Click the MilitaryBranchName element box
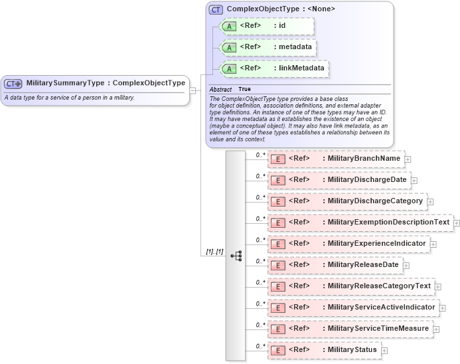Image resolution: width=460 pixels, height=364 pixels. [x=336, y=159]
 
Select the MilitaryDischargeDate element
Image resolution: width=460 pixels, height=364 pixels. [x=339, y=179]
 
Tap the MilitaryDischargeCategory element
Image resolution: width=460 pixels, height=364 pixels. [x=346, y=201]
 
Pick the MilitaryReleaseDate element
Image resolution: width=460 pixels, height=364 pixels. [x=335, y=264]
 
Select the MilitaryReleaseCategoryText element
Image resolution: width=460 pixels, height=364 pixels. [x=350, y=286]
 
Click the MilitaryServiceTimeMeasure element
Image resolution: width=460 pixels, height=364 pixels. [x=350, y=328]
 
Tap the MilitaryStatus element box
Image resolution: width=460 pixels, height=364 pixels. [x=324, y=349]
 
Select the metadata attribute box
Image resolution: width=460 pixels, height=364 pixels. [x=267, y=47]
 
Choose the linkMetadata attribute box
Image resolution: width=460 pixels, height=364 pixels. [x=274, y=68]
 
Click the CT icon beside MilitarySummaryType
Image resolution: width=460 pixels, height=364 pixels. [x=13, y=84]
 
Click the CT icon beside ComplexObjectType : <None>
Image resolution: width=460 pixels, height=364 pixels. [x=216, y=9]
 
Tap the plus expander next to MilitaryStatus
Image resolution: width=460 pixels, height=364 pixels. [x=384, y=351]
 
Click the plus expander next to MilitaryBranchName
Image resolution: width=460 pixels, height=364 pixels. [x=408, y=159]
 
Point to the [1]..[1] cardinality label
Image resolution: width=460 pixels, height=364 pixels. [x=214, y=252]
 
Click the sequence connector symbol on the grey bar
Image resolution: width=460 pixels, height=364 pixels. [x=236, y=256]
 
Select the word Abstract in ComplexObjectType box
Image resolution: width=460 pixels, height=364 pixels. [x=220, y=89]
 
